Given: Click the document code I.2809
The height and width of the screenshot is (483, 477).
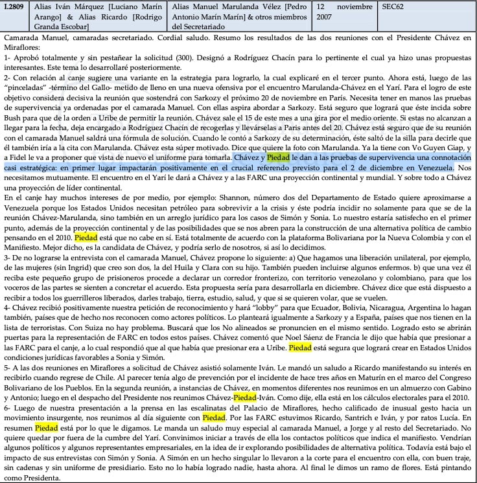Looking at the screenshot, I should point(15,6).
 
